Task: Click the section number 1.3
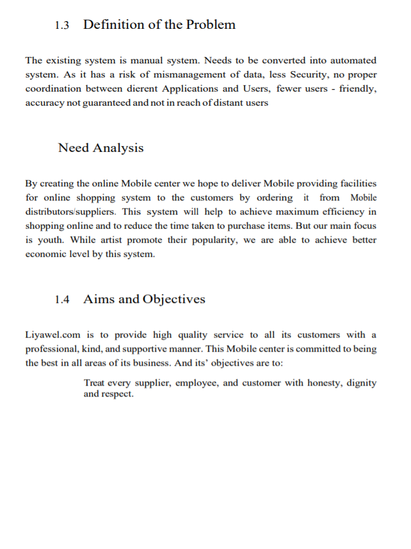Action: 61,26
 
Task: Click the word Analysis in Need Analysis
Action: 118,148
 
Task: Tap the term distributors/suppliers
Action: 70,211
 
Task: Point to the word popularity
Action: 207,240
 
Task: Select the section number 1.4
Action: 61,300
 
